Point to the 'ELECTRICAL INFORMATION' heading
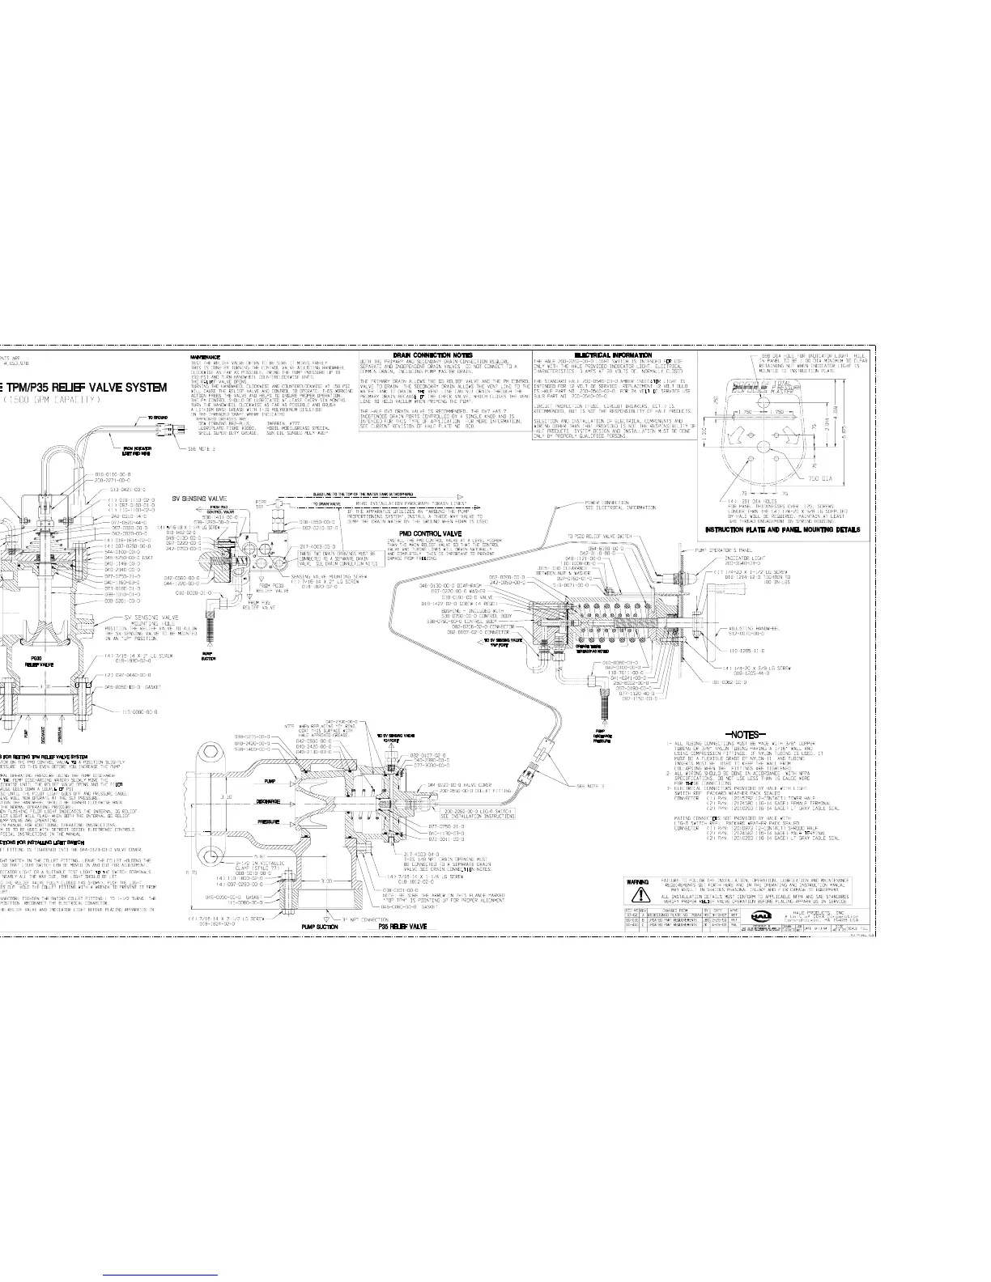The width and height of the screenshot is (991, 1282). pyautogui.click(x=613, y=355)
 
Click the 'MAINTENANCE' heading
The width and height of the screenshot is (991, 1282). pyautogui.click(x=206, y=356)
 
